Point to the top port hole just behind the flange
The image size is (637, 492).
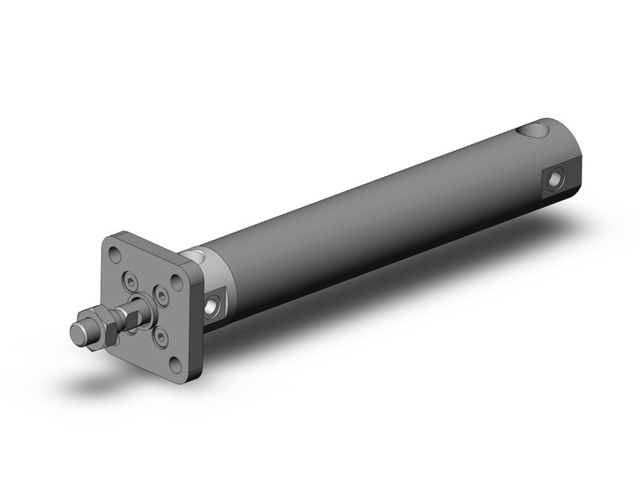195,255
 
